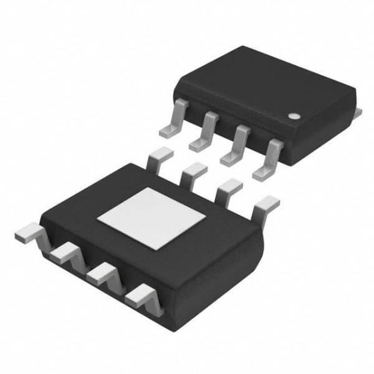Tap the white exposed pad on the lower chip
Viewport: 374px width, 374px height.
point(153,216)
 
